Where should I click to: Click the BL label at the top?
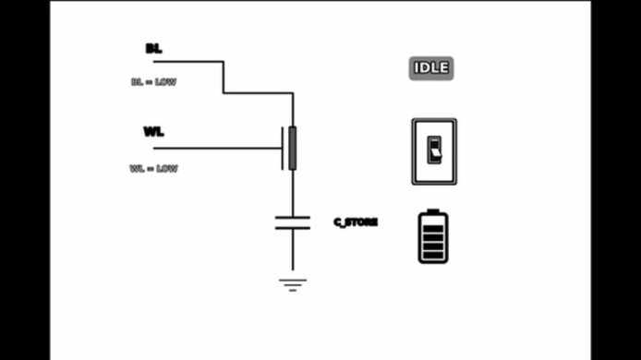tap(153, 49)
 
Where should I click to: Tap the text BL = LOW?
tap(153, 82)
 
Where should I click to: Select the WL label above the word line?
tap(153, 132)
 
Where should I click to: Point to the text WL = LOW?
tap(153, 168)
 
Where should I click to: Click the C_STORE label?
tap(356, 222)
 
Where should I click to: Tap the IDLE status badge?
tap(431, 68)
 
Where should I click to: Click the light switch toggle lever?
tap(435, 152)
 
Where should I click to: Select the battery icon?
tap(433, 236)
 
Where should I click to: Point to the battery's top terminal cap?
tap(433, 210)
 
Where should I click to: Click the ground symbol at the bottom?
tap(293, 285)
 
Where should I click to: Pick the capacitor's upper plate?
tap(293, 218)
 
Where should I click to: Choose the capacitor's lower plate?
tap(293, 228)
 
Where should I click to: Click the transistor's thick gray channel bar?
tap(292, 148)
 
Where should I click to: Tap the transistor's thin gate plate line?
tap(282, 148)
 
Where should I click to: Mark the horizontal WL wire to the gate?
tap(217, 148)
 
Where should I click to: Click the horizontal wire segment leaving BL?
tap(188, 62)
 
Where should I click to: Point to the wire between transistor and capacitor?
tap(293, 193)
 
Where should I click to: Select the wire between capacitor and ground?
tap(293, 249)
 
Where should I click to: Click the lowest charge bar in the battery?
tap(433, 256)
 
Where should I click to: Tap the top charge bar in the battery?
tap(433, 228)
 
